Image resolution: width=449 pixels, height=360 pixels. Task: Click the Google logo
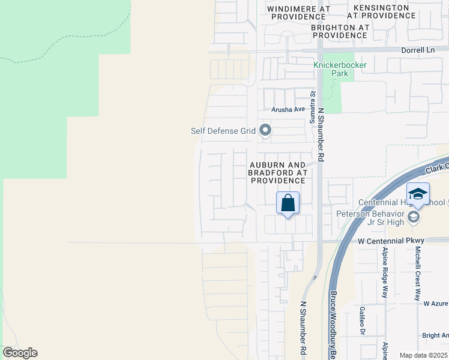point(20,353)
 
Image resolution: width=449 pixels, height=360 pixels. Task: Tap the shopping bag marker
point(288,203)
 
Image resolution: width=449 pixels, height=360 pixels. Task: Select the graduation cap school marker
point(418,194)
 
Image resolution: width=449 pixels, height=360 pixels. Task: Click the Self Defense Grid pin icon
point(265,130)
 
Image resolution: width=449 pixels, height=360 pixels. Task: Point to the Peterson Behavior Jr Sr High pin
point(414,216)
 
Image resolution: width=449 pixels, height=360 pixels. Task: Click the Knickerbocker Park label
point(340,69)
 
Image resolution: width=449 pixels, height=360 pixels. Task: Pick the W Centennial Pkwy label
point(391,241)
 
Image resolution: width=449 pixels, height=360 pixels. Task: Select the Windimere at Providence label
point(298,13)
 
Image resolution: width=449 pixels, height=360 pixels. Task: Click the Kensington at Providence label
point(382,13)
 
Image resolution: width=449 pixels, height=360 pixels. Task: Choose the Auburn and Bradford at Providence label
point(277,172)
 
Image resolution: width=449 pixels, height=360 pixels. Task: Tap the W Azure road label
point(436,304)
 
